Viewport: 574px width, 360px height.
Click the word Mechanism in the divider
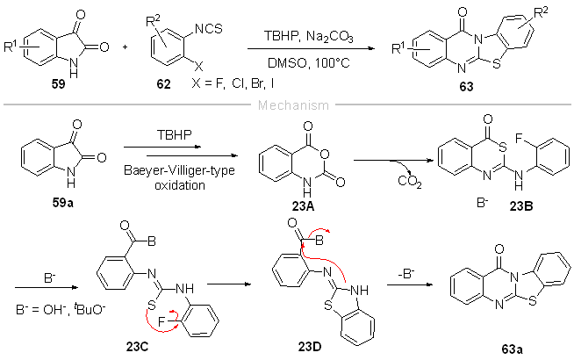tap(287, 104)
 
